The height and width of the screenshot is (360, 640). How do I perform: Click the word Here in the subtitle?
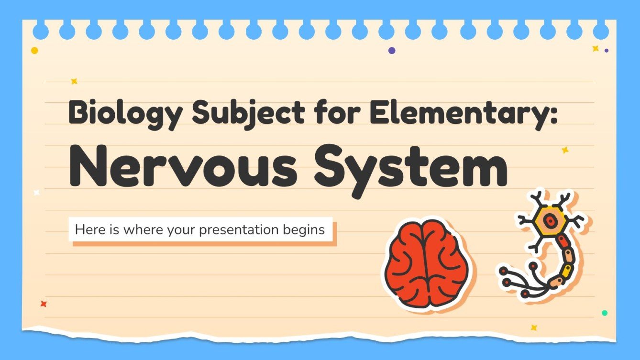(89, 230)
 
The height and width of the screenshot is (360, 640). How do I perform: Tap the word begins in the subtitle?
(306, 230)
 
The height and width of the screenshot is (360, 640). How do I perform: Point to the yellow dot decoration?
(34, 50)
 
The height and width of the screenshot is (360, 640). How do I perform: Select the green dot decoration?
(605, 313)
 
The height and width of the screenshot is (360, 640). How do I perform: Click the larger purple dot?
(392, 50)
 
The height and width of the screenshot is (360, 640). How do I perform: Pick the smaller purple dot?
(607, 50)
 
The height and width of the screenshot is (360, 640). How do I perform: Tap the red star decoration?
(44, 304)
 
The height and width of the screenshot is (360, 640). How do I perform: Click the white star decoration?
(36, 193)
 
